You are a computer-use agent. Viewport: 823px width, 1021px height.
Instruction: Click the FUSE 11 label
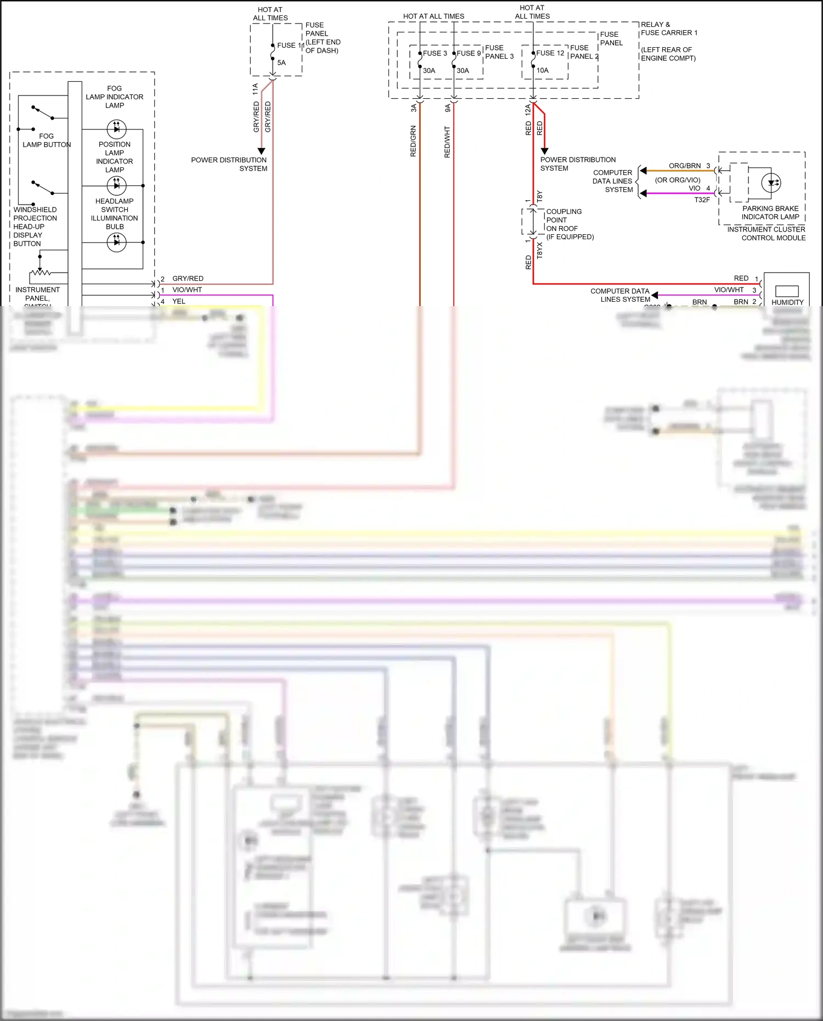pyautogui.click(x=290, y=46)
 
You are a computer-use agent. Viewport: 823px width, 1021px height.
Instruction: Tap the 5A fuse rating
pyautogui.click(x=281, y=63)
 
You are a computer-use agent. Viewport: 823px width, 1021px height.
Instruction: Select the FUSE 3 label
pyautogui.click(x=435, y=53)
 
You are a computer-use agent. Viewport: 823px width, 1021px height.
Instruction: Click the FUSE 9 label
pyautogui.click(x=469, y=53)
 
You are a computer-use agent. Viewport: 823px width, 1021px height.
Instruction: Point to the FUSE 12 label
pyautogui.click(x=550, y=53)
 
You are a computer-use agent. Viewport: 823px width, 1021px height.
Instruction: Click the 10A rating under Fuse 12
pyautogui.click(x=543, y=70)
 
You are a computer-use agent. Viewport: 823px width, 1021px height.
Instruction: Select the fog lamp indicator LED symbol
pyautogui.click(x=116, y=129)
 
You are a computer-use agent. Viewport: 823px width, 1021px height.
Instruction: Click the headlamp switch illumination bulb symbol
pyautogui.click(x=116, y=242)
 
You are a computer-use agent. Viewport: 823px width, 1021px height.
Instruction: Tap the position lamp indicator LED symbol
pyautogui.click(x=116, y=185)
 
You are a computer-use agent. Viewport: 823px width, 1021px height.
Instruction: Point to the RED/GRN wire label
pyautogui.click(x=413, y=141)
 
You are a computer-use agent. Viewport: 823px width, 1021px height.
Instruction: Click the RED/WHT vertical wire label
pyautogui.click(x=447, y=142)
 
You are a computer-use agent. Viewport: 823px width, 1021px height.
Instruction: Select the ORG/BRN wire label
pyautogui.click(x=684, y=166)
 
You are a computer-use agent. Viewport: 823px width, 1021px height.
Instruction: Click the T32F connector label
pyautogui.click(x=702, y=200)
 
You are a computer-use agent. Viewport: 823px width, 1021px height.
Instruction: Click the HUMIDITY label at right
pyautogui.click(x=787, y=302)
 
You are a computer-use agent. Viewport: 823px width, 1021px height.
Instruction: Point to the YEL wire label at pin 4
pyautogui.click(x=179, y=301)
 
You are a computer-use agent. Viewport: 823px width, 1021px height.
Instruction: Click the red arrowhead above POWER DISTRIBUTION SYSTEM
pyautogui.click(x=544, y=151)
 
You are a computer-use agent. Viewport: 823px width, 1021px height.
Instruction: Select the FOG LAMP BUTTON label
pyautogui.click(x=47, y=140)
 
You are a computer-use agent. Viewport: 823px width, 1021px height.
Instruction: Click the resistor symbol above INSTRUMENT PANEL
pyautogui.click(x=40, y=272)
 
